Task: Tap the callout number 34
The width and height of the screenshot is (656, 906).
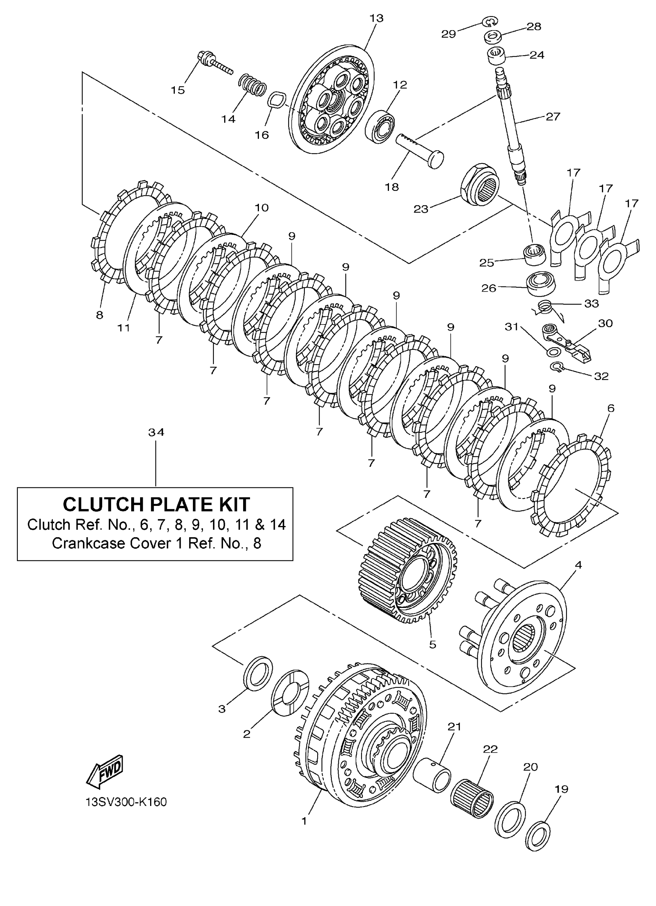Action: [x=156, y=432]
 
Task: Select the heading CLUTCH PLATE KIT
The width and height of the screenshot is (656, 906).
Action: [x=156, y=504]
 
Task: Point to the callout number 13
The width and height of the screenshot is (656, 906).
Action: [x=376, y=18]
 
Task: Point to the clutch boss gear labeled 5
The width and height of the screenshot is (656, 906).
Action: [x=405, y=576]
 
